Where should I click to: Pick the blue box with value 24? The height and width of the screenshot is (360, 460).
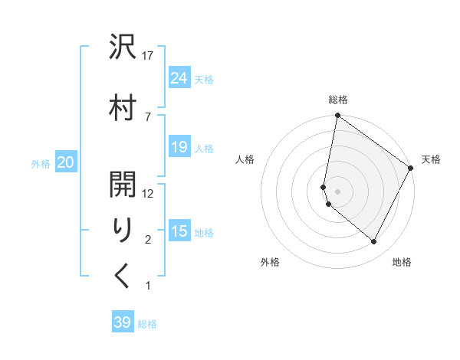click(x=179, y=77)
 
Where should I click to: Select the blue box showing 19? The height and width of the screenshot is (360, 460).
click(x=179, y=147)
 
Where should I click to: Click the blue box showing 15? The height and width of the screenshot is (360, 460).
click(x=179, y=231)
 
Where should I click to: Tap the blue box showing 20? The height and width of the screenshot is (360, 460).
click(x=66, y=162)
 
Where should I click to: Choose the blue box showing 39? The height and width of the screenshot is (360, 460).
click(x=123, y=322)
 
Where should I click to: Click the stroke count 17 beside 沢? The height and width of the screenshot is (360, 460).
click(x=148, y=56)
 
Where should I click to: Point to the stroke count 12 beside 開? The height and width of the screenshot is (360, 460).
click(x=148, y=194)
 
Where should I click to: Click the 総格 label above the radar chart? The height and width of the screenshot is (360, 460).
click(x=338, y=100)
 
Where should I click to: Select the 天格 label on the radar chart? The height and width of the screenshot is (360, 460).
click(x=431, y=159)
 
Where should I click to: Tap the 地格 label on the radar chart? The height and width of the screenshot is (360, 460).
click(x=402, y=262)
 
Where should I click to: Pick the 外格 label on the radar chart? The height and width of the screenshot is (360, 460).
click(x=270, y=262)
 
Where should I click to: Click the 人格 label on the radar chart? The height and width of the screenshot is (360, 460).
click(x=245, y=159)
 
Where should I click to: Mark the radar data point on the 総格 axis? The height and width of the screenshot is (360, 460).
click(x=337, y=116)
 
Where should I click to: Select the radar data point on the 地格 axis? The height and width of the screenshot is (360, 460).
click(x=374, y=242)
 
